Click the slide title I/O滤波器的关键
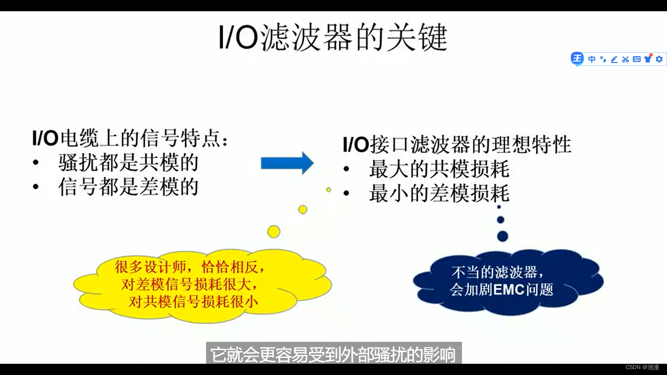333,38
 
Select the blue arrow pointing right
287,163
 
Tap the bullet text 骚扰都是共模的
128,163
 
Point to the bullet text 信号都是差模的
128,187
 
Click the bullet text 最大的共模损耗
439,169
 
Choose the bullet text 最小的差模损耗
439,194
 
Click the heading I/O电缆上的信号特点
130,139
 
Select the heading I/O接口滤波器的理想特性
457,145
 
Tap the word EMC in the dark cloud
509,290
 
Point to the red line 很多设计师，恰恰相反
190,267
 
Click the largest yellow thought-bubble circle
274,231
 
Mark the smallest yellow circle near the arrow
329,189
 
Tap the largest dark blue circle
502,236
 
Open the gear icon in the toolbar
659,59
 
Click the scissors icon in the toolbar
625,59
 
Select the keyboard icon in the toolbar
637,59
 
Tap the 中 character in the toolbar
592,59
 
